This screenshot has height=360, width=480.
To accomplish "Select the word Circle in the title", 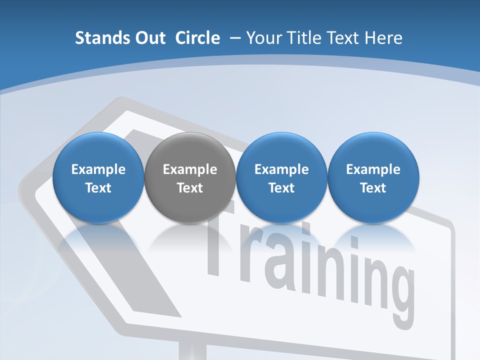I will pos(197,38).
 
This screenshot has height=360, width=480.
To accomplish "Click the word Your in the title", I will pos(263,38).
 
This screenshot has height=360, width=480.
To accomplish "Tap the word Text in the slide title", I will pos(344,38).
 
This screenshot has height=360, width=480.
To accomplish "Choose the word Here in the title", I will pos(384,38).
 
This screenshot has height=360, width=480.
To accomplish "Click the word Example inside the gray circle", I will pos(190,169).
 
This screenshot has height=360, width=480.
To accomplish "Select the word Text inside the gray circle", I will pos(190,188).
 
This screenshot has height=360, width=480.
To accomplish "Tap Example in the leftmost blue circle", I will pos(98,169).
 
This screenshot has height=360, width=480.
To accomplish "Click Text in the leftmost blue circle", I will pos(98,188).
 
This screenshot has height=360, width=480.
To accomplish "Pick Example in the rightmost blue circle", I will pos(373,169).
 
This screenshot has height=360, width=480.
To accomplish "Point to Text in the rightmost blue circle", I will pos(373,188).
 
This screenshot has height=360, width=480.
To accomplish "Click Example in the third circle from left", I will pos(281,169).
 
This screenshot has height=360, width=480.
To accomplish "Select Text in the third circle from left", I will pos(281,188).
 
